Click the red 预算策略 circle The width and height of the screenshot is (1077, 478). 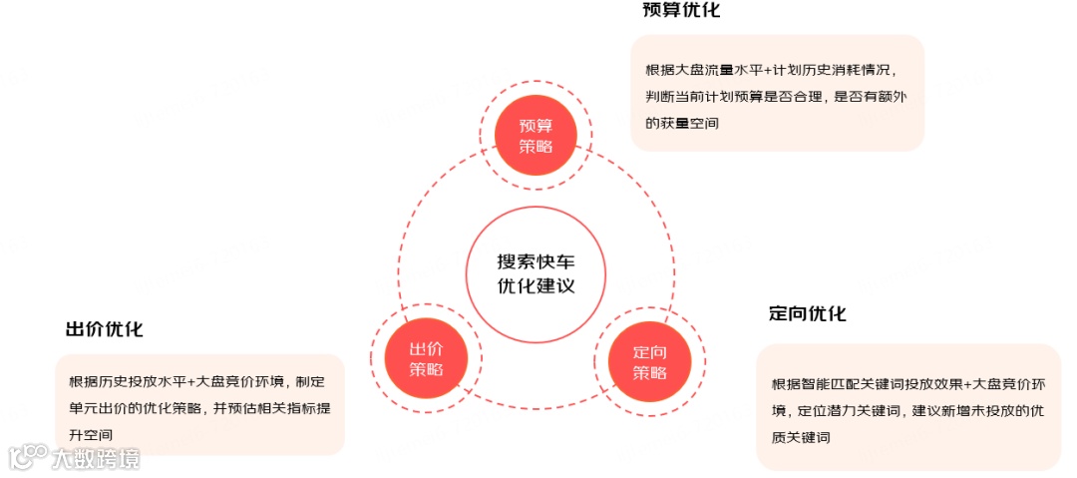tap(535, 137)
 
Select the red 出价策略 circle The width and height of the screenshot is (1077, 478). tap(426, 358)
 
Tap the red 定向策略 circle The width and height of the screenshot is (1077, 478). tap(649, 362)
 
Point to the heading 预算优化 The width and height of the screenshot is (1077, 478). tap(681, 11)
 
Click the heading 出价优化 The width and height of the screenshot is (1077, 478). tap(104, 329)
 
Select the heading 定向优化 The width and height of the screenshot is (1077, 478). tap(808, 313)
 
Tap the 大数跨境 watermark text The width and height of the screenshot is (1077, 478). tap(97, 458)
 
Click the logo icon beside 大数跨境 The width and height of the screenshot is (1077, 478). tap(27, 456)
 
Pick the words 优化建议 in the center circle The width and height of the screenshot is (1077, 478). tap(536, 284)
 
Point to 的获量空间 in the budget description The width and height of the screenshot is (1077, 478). tap(682, 124)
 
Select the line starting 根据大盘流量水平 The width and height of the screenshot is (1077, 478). tap(772, 70)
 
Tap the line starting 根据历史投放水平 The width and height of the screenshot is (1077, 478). tap(196, 381)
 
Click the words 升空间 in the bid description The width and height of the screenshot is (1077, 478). tap(91, 435)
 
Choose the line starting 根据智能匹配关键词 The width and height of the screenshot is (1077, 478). tap(907, 384)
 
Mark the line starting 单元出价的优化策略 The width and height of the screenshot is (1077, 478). tap(196, 408)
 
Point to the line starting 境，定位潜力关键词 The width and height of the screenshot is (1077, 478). tap(907, 411)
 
